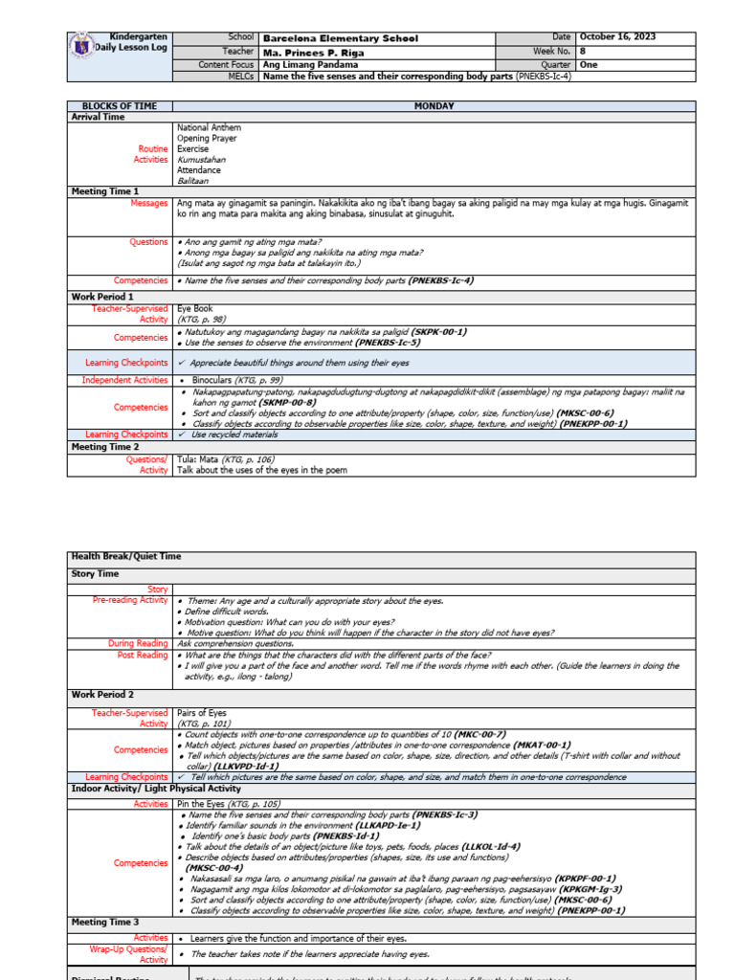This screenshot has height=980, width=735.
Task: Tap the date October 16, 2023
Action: pos(617,37)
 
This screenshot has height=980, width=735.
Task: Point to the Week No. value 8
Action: pos(583,51)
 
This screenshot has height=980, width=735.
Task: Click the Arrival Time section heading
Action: pos(99,117)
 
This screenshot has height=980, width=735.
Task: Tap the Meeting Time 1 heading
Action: pos(105,191)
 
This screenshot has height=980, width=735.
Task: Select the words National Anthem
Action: pos(209,127)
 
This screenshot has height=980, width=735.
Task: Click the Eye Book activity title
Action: pos(195,309)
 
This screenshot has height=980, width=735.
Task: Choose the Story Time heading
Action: pos(96,574)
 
